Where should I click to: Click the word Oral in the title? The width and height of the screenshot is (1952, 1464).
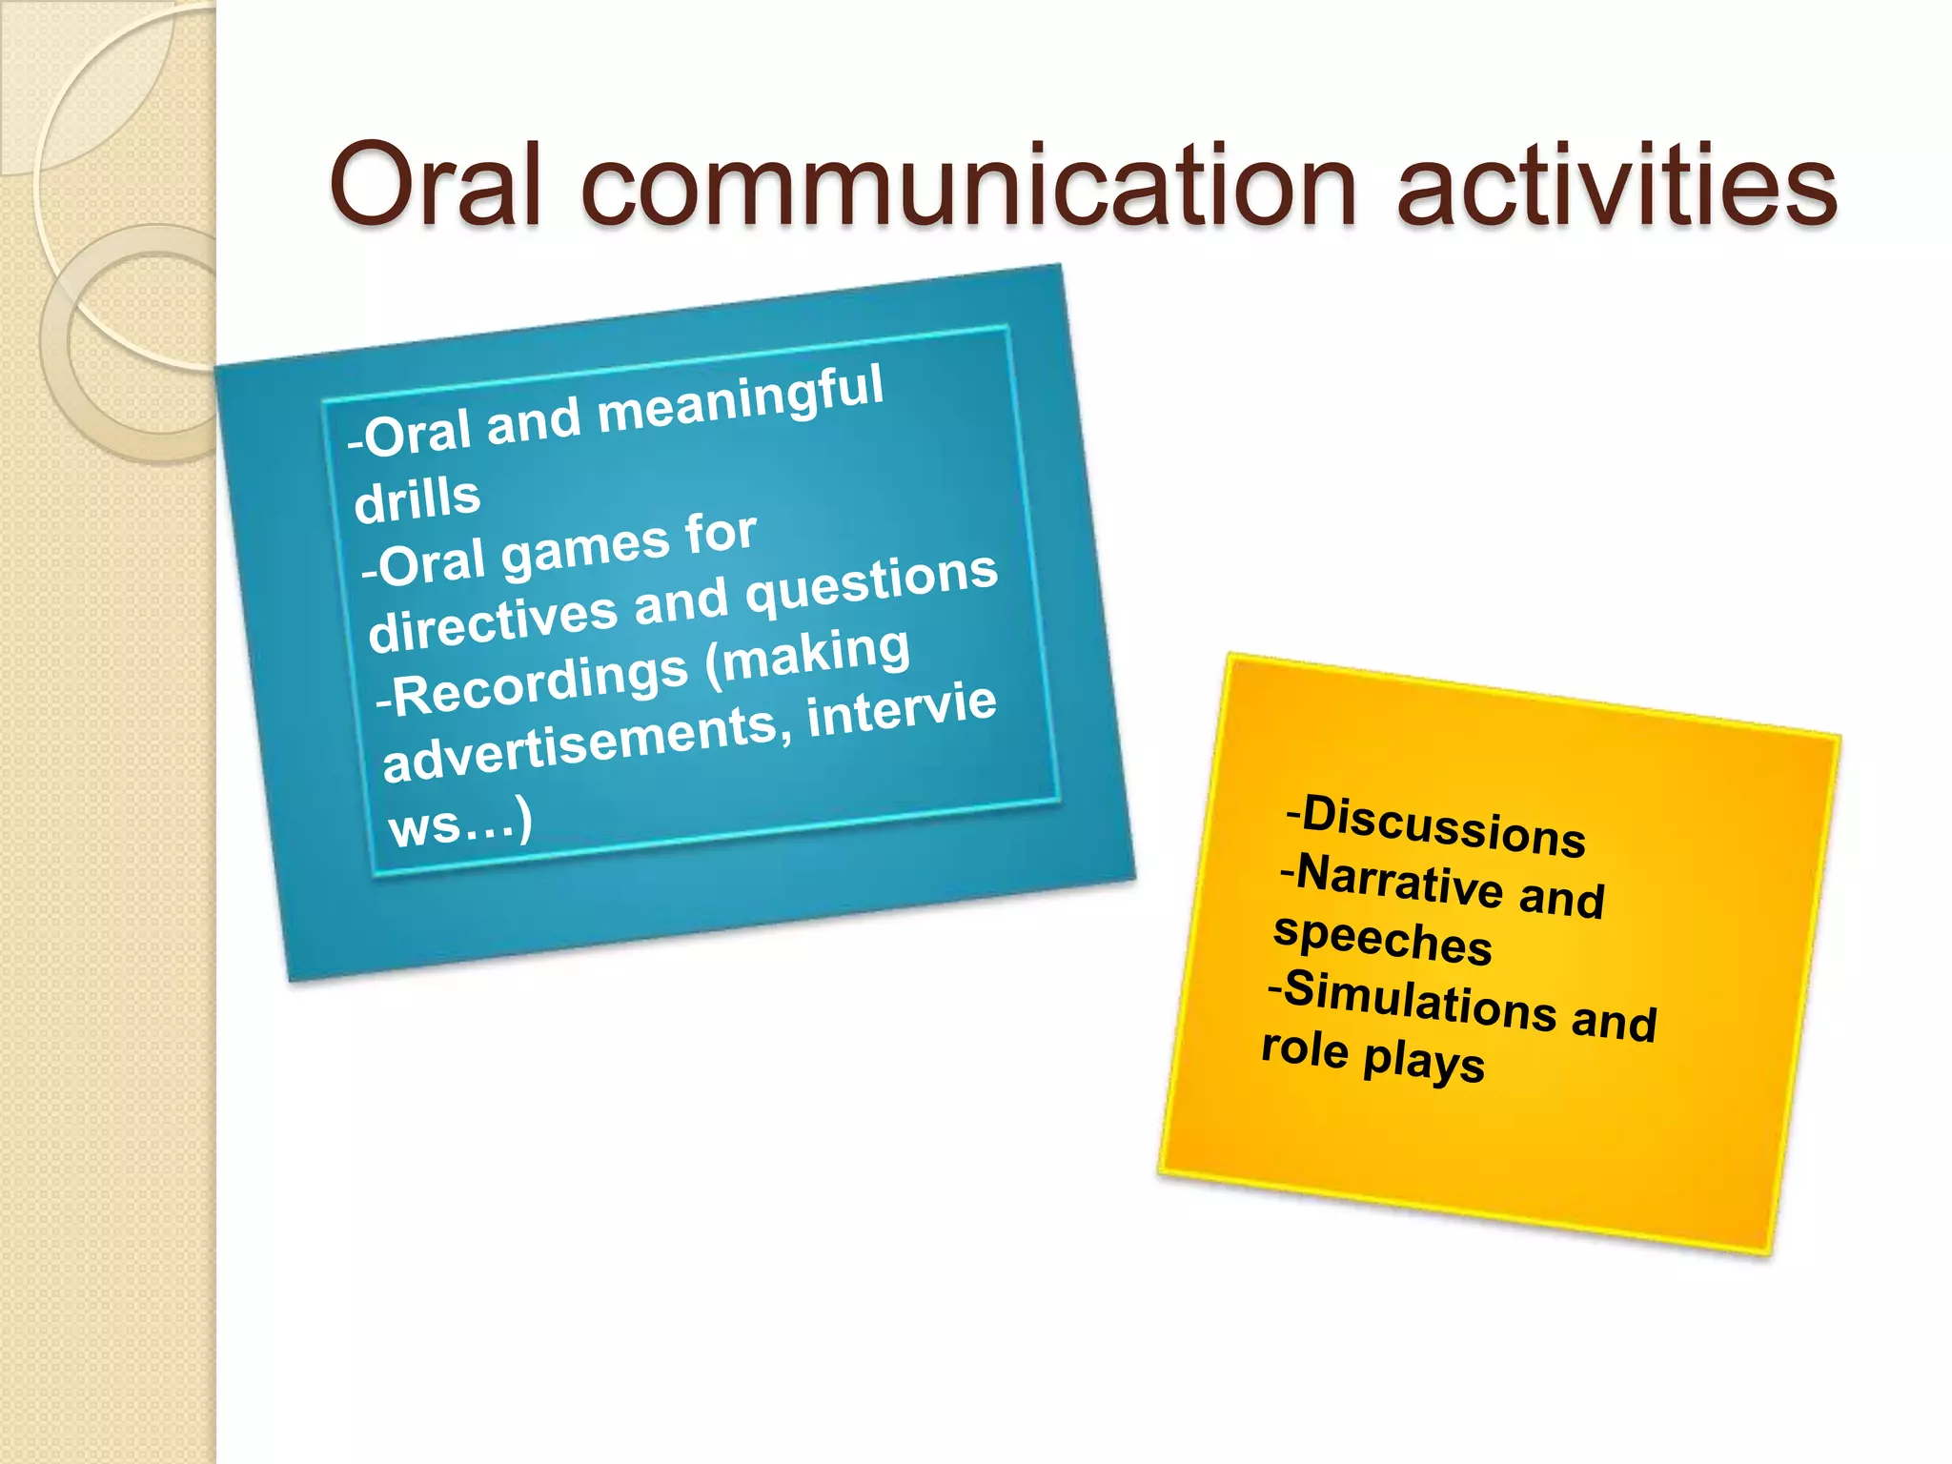tap(435, 185)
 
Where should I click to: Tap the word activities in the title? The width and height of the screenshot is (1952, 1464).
tap(1616, 185)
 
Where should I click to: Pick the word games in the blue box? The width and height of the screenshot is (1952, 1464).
tap(586, 551)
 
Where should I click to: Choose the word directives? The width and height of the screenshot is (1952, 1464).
tap(493, 621)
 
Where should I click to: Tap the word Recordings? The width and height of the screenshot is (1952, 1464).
tap(539, 684)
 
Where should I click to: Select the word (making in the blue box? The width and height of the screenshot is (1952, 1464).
tap(808, 654)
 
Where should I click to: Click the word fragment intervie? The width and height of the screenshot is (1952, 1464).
tap(902, 709)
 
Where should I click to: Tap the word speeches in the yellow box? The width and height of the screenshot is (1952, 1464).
tap(1382, 938)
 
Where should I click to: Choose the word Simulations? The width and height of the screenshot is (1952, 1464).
tap(1420, 1001)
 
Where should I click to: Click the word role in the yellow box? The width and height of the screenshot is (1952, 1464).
tap(1305, 1048)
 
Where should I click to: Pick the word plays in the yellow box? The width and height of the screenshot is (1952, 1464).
tap(1424, 1062)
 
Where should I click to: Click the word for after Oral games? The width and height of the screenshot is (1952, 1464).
tap(721, 534)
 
